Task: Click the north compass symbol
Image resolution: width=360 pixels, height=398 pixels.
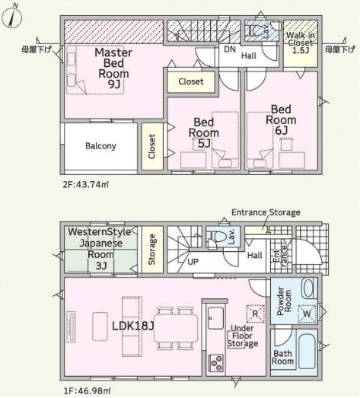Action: pos(11,17)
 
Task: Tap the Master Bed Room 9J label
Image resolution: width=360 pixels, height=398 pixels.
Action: pos(113,68)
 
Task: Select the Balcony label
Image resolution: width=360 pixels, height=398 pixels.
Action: pos(100,146)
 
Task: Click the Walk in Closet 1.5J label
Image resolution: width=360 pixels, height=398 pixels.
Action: pos(301,43)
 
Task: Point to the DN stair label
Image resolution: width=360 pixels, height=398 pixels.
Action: pos(230,49)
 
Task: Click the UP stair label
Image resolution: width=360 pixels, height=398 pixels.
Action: pos(193,262)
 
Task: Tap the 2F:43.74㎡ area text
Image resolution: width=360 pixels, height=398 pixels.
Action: pos(86,184)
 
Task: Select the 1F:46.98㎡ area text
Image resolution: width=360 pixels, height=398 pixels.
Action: pos(87,391)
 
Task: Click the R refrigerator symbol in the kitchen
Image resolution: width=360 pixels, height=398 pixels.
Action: pos(256,314)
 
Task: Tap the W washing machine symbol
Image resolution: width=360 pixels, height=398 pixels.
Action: pos(307,314)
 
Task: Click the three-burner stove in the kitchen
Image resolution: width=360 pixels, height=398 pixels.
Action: pos(216,363)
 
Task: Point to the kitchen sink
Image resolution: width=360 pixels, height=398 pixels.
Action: pos(215,318)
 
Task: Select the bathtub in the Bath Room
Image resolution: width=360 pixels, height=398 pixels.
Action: pos(307,352)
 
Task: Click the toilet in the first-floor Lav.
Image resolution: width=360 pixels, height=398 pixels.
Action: pos(217,237)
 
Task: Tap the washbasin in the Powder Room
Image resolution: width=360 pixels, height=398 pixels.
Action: pos(309,288)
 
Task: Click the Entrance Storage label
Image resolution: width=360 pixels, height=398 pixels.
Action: pos(266,212)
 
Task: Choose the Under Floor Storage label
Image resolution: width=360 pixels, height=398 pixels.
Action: pos(243,336)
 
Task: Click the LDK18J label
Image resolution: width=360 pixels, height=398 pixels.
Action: pos(133,326)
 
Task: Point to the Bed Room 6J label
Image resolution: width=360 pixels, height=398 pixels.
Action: pos(281,120)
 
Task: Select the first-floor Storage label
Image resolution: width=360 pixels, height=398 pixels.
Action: pos(151,250)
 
